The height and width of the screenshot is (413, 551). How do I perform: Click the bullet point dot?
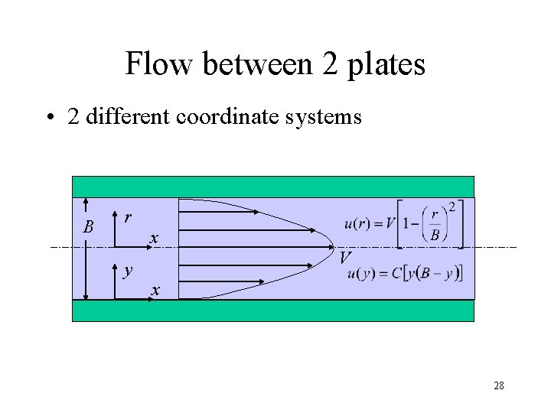pyautogui.click(x=49, y=119)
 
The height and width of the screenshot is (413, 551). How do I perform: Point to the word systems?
pyautogui.click(x=321, y=119)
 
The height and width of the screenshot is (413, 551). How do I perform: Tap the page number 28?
pyautogui.click(x=498, y=385)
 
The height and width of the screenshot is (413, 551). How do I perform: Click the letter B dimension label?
pyautogui.click(x=89, y=227)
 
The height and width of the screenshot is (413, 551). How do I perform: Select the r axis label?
pyautogui.click(x=128, y=217)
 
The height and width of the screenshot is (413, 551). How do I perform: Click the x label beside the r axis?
pyautogui.click(x=154, y=239)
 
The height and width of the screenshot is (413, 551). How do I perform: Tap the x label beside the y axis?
pyautogui.click(x=155, y=291)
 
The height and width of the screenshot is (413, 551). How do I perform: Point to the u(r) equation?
pyautogui.click(x=404, y=223)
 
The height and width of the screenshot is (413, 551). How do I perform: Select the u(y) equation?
pyautogui.click(x=405, y=274)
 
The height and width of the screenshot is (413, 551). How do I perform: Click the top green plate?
pyautogui.click(x=273, y=187)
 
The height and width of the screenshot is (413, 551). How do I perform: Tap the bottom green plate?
pyautogui.click(x=273, y=310)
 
